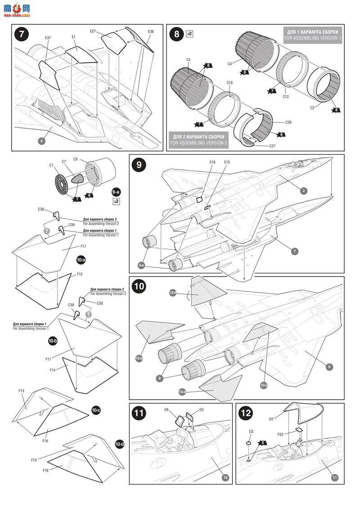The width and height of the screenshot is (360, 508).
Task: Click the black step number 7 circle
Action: coord(22,35)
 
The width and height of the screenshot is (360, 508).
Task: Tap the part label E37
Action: coord(48,38)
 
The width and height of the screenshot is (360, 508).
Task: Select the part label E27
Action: coord(93,31)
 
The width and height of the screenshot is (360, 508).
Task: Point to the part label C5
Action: coord(189,59)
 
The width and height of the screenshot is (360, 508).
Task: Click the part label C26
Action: coord(288,122)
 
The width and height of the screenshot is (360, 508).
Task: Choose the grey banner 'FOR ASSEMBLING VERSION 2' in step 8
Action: coord(199,139)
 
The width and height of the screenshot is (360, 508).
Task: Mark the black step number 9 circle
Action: coord(139,165)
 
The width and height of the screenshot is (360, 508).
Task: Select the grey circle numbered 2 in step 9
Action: coord(304,191)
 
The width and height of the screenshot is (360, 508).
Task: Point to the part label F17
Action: coord(83,246)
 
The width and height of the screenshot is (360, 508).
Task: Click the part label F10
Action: coord(45,470)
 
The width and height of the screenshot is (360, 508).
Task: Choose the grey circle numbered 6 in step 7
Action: coord(41,141)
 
